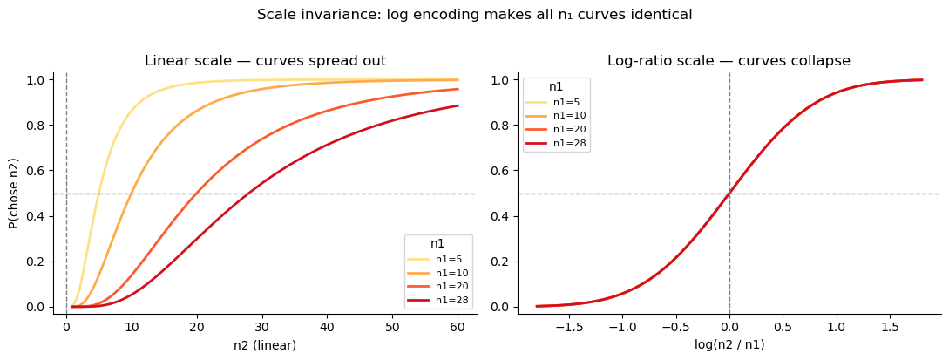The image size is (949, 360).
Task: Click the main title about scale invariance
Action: point(474,15)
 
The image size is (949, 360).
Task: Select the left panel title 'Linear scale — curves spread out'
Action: point(265,61)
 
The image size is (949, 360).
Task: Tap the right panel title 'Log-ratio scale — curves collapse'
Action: point(729,61)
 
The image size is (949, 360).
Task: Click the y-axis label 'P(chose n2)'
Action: point(14,193)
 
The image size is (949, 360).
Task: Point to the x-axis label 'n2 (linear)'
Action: point(265,345)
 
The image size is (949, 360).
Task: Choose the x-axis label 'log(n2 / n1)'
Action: point(729,345)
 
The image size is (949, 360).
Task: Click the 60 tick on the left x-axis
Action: point(458,326)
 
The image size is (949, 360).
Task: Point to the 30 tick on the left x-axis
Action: point(261,326)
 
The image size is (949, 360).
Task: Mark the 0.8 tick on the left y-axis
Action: point(37,126)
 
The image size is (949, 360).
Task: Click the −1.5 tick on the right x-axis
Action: point(570,326)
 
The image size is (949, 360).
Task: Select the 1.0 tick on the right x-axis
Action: point(837,326)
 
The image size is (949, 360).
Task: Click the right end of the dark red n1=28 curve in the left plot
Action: point(458,106)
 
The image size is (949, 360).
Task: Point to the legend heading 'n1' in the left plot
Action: point(438,244)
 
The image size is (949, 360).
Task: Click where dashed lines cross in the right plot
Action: point(729,194)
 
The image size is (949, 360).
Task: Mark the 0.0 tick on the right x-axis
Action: point(729,326)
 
